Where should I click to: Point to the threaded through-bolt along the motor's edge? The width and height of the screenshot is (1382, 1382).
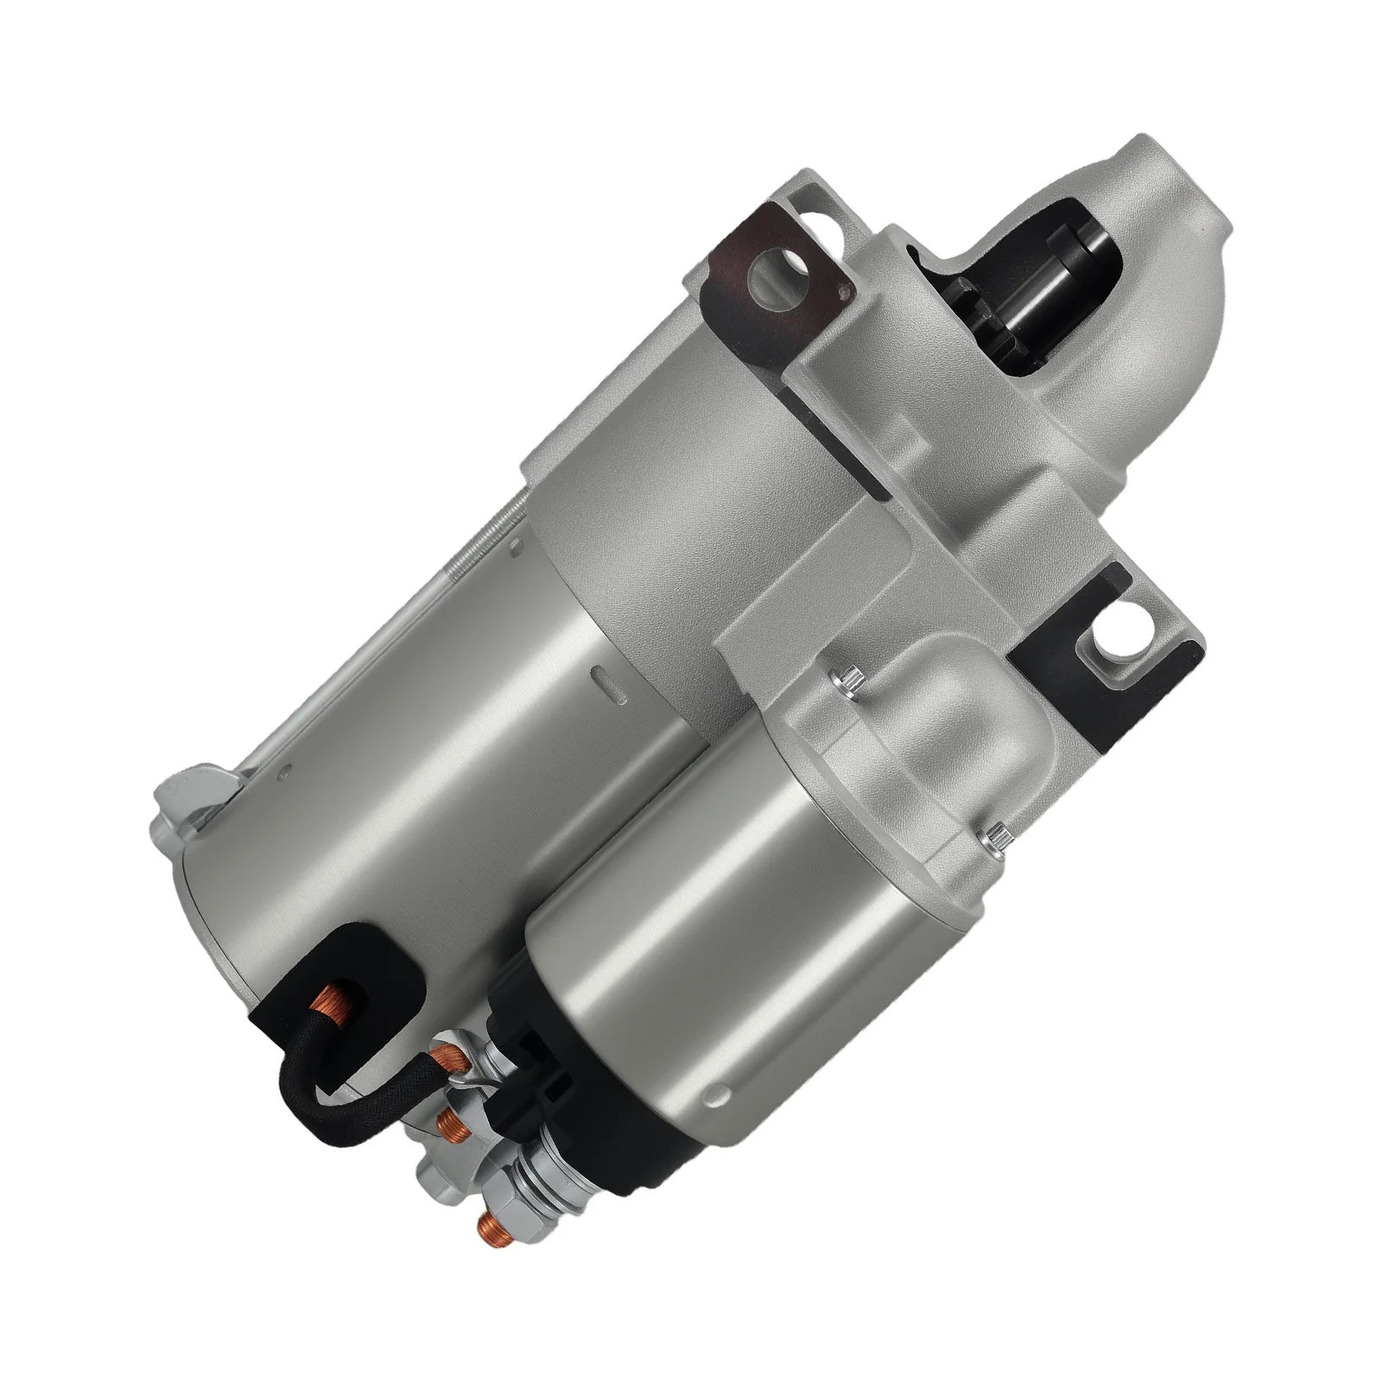pos(484,544)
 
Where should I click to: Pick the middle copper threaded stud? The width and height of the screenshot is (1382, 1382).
pos(449,1123)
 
